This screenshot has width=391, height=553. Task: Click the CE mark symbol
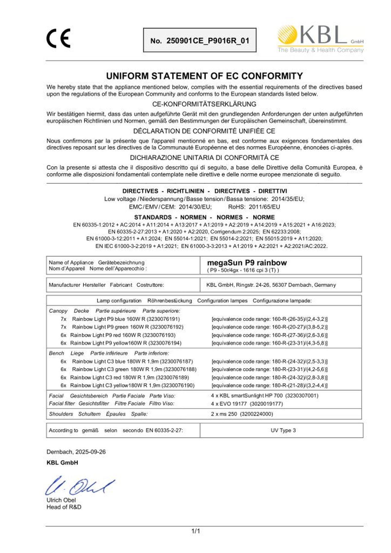[x=58, y=38]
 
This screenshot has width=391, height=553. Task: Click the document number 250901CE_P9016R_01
[x=200, y=41]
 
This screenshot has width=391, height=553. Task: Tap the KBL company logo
[x=320, y=39]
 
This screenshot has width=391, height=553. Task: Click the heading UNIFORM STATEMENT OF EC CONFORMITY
[x=204, y=76]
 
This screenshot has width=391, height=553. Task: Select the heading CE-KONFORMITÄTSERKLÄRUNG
[x=204, y=104]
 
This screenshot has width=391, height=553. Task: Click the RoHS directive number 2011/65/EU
[x=264, y=207]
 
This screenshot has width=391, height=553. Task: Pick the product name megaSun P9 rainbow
[x=247, y=263]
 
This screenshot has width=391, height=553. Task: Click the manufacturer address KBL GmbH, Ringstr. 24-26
[x=271, y=285]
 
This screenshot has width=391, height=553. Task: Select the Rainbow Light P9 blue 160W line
[x=126, y=319]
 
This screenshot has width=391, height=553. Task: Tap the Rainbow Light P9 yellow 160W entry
[x=125, y=343]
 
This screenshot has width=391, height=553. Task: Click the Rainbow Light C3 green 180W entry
[x=134, y=369]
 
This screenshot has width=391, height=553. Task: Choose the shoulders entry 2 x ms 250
[x=242, y=414]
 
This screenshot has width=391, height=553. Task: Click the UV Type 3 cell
[x=283, y=431]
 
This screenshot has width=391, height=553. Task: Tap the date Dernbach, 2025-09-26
[x=76, y=452]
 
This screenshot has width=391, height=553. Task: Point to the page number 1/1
[x=195, y=531]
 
